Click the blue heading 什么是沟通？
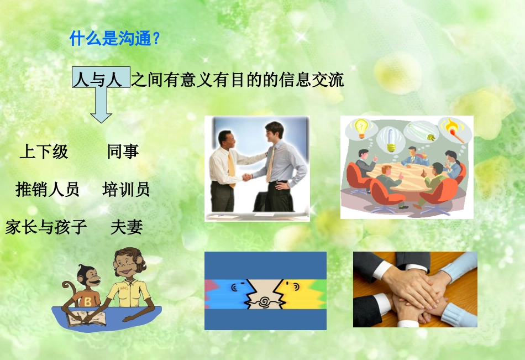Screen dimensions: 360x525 point(115,39)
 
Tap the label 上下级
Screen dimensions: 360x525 point(44,152)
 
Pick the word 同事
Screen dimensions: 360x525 point(123,152)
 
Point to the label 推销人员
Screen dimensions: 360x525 point(48,190)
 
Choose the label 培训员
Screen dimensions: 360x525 point(126,190)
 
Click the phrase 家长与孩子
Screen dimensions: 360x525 point(46,227)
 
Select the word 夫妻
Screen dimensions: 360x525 point(127,227)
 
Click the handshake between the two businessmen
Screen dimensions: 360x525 point(247,177)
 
